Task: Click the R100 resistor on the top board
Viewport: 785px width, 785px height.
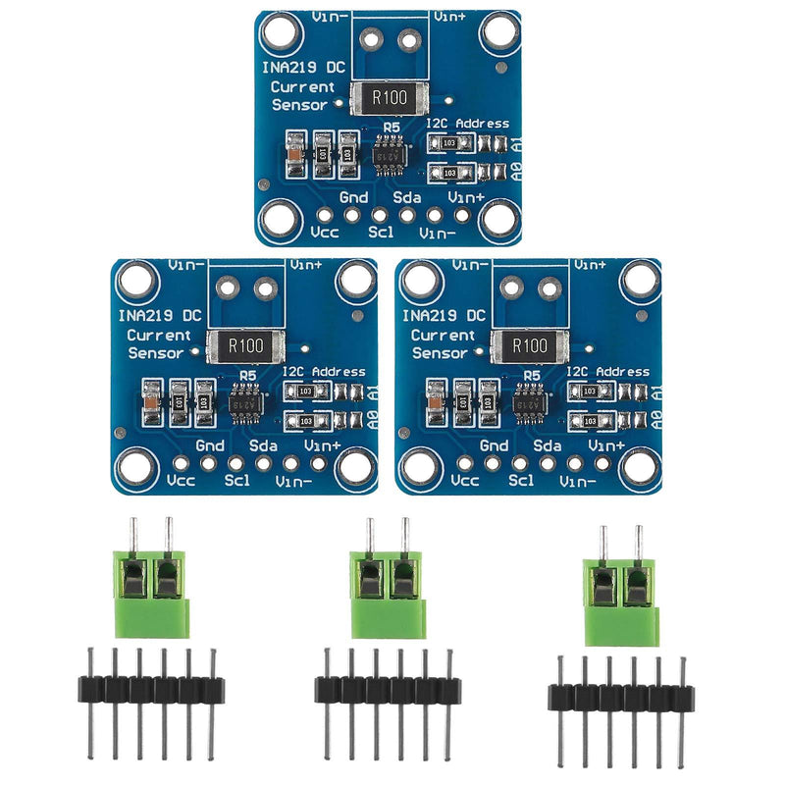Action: pyautogui.click(x=392, y=97)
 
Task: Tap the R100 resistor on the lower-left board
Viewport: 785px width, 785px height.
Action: pyautogui.click(x=245, y=344)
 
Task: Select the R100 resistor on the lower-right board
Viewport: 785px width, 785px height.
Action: pyautogui.click(x=530, y=344)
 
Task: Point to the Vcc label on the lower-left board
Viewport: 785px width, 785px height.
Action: pyautogui.click(x=182, y=482)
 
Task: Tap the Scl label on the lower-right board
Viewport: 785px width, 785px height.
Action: pyautogui.click(x=521, y=481)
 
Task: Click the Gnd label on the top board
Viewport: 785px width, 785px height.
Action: pyautogui.click(x=353, y=198)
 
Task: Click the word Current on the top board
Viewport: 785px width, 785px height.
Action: pyautogui.click(x=301, y=87)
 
